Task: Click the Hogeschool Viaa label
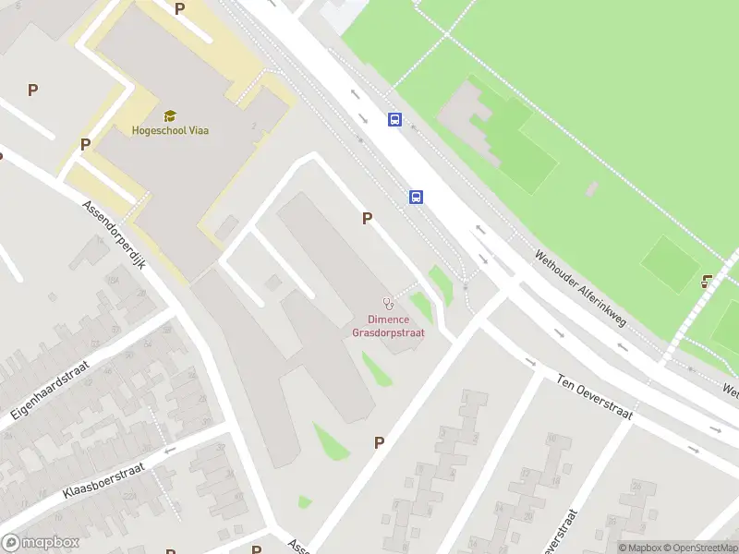click(170, 130)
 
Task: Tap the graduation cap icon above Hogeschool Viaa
click(170, 115)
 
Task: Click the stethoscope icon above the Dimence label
click(388, 303)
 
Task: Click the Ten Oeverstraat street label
click(594, 397)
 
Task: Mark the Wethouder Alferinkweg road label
click(581, 291)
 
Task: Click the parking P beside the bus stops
click(368, 219)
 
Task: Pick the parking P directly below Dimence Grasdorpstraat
click(379, 443)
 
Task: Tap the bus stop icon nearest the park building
click(395, 119)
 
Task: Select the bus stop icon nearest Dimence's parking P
click(417, 197)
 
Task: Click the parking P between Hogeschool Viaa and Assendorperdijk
click(85, 144)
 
